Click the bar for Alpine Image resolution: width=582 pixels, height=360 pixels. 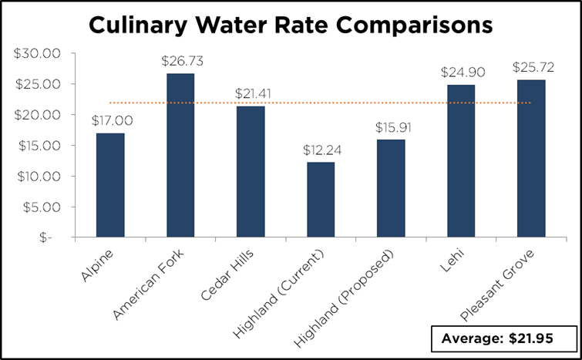tap(110, 185)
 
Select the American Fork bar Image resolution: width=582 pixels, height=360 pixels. tap(180, 155)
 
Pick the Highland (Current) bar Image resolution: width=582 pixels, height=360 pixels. tap(321, 200)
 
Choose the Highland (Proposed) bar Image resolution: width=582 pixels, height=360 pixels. tap(391, 189)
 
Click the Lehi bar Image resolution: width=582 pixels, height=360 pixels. tap(461, 161)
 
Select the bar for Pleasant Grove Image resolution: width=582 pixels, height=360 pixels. tap(531, 159)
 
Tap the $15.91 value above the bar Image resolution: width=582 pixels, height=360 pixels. tap(391, 127)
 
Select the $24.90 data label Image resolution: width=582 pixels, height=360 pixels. tap(461, 72)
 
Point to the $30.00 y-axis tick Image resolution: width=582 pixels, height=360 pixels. tap(38, 53)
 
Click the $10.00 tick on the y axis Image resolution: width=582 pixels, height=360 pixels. tap(38, 177)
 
